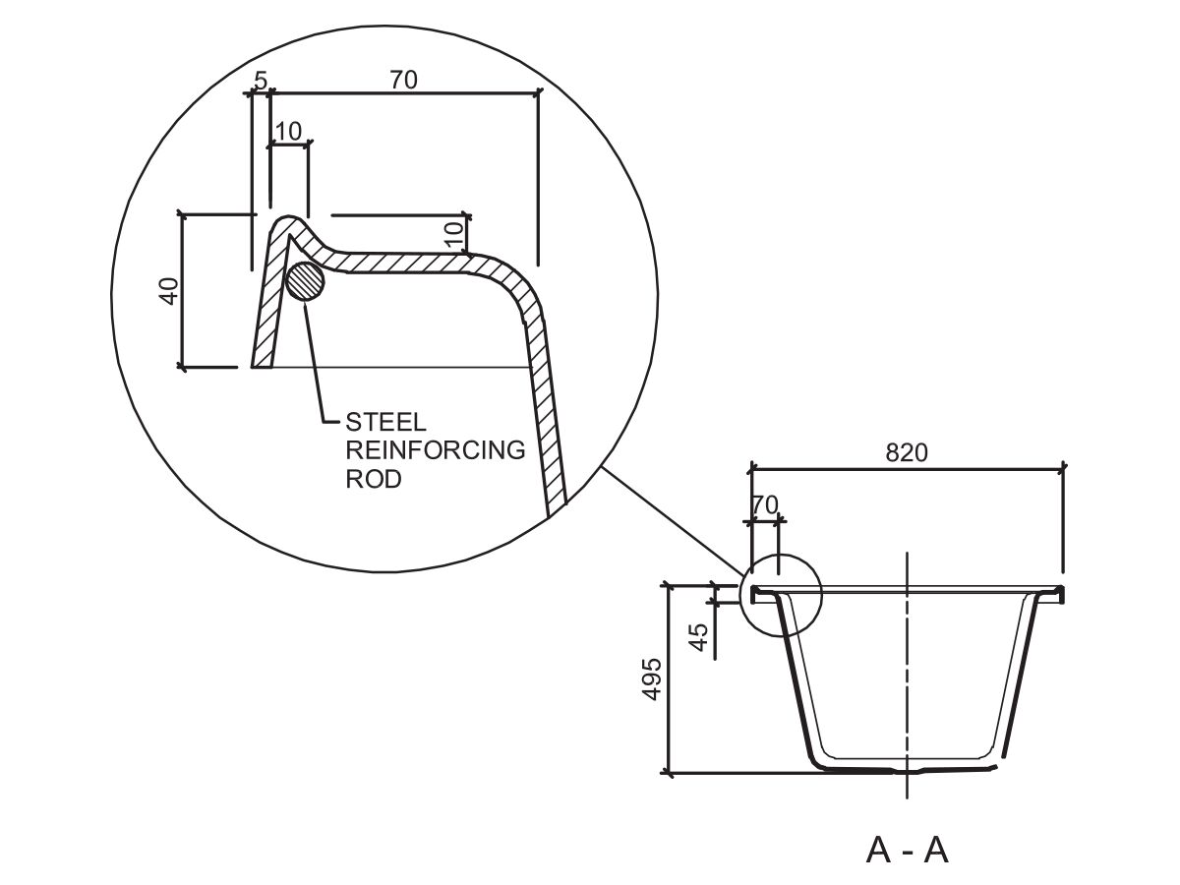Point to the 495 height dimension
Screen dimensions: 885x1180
pos(651,678)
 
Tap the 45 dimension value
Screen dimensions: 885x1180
pos(699,636)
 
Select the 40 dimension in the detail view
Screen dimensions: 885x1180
pos(169,291)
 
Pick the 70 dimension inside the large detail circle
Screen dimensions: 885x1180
pos(403,81)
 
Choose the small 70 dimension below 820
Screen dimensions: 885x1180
pos(764,505)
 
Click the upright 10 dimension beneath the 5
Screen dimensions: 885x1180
pos(288,131)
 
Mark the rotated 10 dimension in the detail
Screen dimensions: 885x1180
pos(453,234)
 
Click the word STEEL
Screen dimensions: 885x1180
pos(386,423)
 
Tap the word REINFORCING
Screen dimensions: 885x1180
pos(435,450)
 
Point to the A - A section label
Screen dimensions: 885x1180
pos(907,849)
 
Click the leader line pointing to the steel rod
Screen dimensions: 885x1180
pos(317,364)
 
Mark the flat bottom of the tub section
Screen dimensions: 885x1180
pos(905,767)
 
